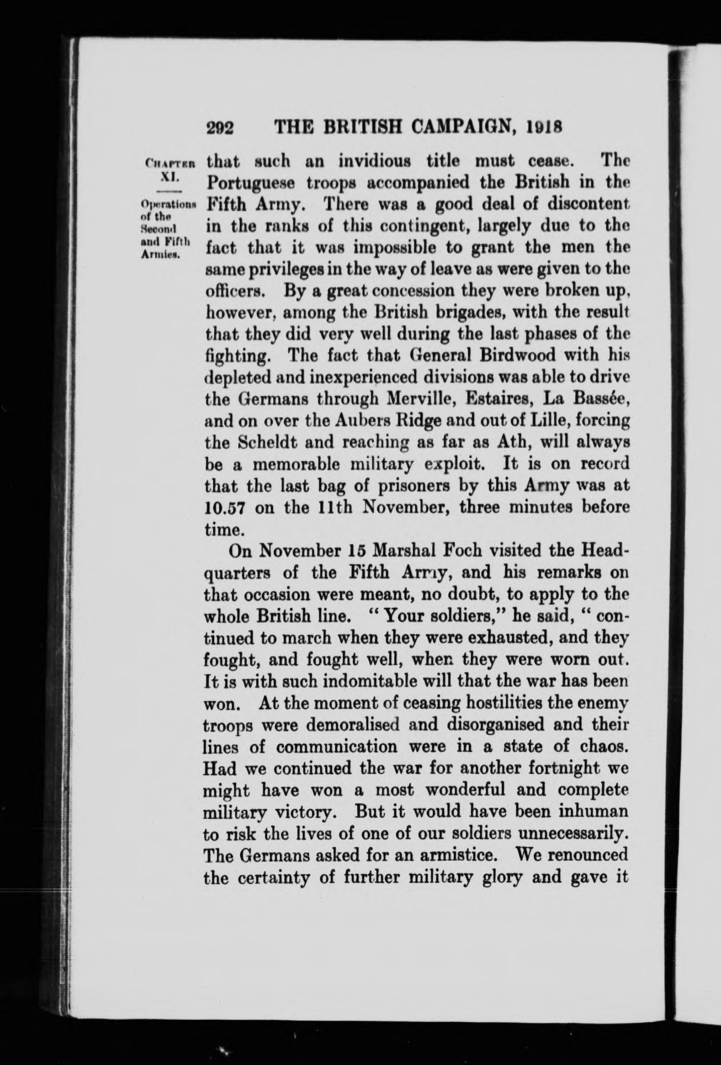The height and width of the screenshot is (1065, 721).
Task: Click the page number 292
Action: tap(220, 129)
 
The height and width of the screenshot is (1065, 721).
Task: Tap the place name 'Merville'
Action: tap(421, 398)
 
